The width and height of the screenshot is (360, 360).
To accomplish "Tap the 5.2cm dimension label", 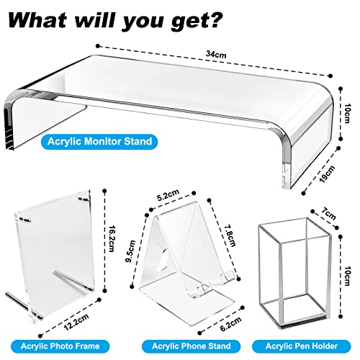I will click(168, 195).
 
